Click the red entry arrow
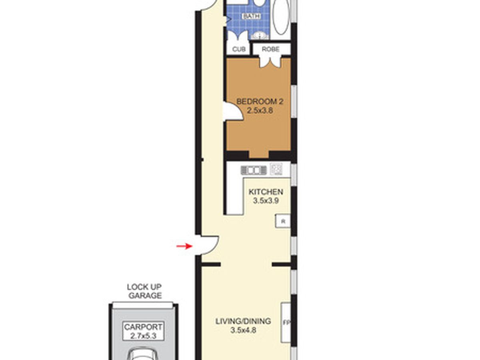(184, 246)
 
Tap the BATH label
(251, 16)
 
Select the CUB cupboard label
(239, 49)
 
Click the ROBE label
(270, 49)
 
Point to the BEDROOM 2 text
(260, 102)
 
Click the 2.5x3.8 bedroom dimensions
(260, 111)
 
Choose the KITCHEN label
(266, 192)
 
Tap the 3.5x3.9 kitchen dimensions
(266, 201)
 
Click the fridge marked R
(283, 221)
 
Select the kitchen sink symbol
(254, 170)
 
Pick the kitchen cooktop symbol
(276, 169)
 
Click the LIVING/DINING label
(243, 321)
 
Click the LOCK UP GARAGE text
(144, 291)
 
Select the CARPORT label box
(143, 331)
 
